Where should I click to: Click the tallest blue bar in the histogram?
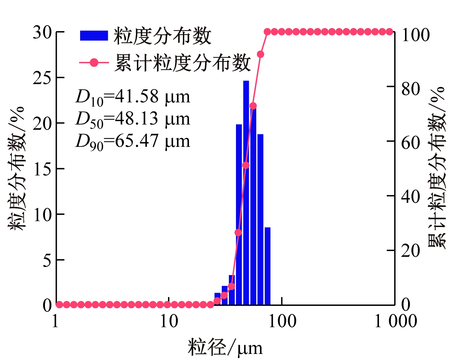coord(246,193)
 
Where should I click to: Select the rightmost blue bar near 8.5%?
coord(267,266)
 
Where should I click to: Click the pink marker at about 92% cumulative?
coord(260,54)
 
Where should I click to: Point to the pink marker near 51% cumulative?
coord(246,165)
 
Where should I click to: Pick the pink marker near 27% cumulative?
coord(238,232)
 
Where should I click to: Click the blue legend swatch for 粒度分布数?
coord(94,36)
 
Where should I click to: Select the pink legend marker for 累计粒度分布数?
coord(94,63)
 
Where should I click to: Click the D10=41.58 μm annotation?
coord(133,97)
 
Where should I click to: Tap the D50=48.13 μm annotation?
coord(133,119)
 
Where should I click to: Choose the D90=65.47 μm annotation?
coord(133,141)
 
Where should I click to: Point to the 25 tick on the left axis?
coord(42,78)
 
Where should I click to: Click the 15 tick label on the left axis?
coord(42,169)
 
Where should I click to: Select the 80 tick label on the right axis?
coord(410,89)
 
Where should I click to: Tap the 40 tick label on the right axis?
coord(410,197)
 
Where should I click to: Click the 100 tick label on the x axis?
coord(282,321)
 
